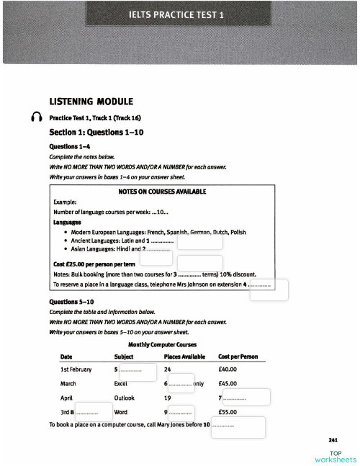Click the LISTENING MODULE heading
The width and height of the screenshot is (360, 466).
coord(91,102)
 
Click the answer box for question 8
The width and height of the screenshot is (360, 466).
coord(93,412)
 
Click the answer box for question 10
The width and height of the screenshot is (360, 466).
coord(245,426)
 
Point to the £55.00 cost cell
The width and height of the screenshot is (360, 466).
coord(228,412)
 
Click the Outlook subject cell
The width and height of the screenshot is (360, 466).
coord(124,398)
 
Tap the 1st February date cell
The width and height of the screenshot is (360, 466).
coord(76,369)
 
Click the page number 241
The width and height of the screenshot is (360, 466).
coord(333,439)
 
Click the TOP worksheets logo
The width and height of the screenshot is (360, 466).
coord(335,456)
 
